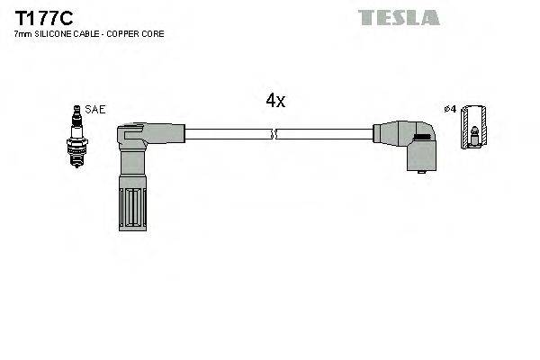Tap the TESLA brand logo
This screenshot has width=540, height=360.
point(398,17)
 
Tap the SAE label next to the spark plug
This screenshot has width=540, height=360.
point(96,109)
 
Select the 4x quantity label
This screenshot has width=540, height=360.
point(275,101)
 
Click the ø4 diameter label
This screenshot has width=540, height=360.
point(450,109)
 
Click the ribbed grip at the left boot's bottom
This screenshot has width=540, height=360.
point(130,208)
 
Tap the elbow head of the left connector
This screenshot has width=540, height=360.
point(133,136)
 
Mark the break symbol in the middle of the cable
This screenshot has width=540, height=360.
point(274,135)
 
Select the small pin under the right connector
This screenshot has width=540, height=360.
point(418,170)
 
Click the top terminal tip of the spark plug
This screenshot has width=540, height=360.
point(76,109)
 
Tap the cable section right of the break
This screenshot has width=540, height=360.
point(324,135)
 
